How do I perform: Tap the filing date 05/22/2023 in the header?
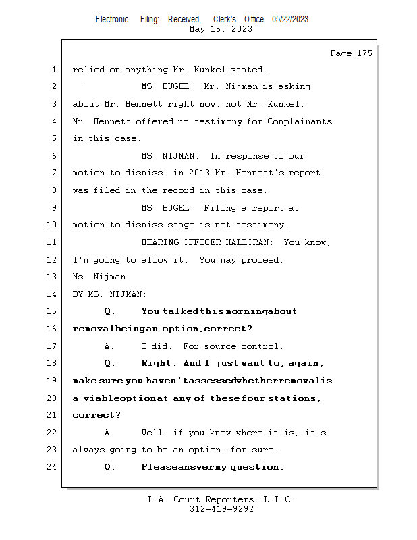290,20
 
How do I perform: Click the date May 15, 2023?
221,29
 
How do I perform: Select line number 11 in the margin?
52,242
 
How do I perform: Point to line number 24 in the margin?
52,466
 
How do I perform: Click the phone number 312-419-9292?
221,509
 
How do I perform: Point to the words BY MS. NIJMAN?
109,294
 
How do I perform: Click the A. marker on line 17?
109,346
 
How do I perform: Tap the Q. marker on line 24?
110,466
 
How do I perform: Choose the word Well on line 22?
154,432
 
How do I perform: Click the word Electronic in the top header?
112,20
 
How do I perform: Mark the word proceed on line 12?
260,259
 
